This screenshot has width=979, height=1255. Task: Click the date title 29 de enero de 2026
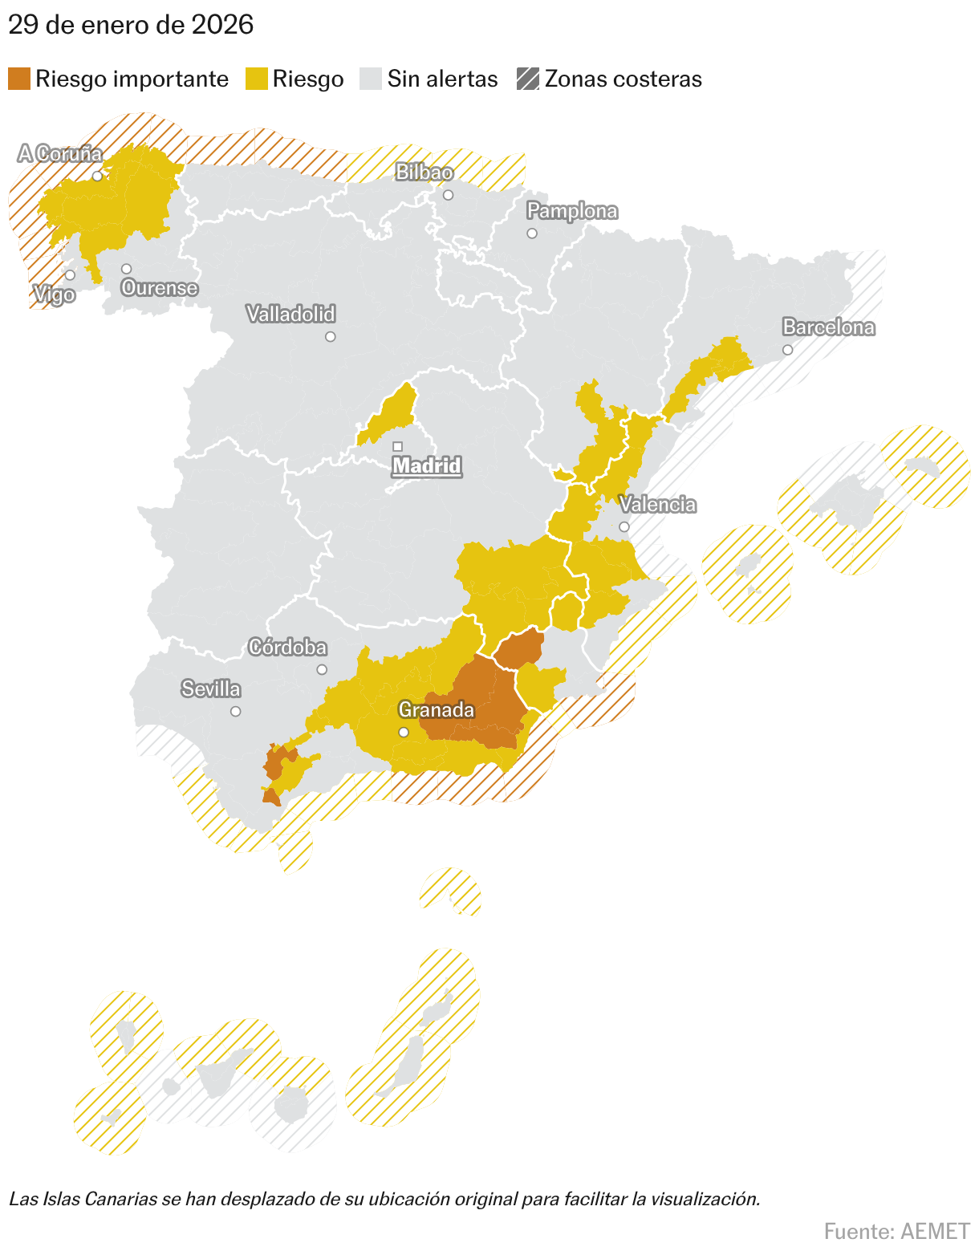(131, 26)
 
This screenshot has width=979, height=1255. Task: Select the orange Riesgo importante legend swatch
(19, 79)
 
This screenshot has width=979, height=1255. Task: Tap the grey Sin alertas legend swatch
(371, 79)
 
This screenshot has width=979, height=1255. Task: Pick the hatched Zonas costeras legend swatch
(528, 79)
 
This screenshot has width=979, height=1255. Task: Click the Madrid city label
(427, 465)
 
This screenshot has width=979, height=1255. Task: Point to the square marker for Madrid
(397, 446)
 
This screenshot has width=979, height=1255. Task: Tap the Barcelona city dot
(787, 350)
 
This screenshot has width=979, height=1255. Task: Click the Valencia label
(657, 505)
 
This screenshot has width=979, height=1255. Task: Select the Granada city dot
(404, 732)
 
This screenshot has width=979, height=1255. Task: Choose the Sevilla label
(211, 689)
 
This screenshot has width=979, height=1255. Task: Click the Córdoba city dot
(322, 669)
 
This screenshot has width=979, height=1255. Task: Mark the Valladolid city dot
(330, 336)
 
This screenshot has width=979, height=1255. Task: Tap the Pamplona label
(572, 211)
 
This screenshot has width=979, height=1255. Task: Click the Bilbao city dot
(448, 195)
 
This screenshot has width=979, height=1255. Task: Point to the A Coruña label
(61, 153)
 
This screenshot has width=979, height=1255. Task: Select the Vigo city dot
(70, 274)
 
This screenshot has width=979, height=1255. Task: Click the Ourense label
(160, 288)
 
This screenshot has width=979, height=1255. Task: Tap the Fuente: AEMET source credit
(896, 1231)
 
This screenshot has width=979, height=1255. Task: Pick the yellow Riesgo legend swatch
(256, 79)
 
